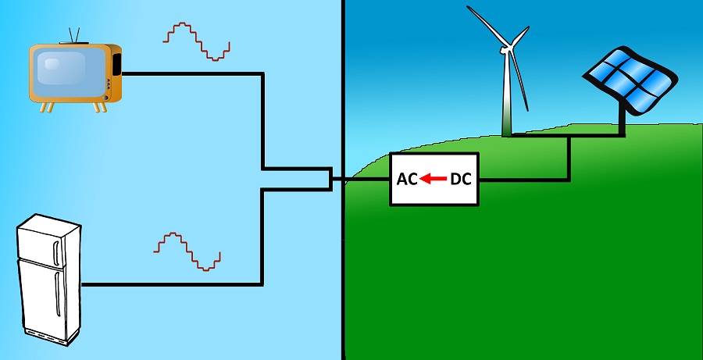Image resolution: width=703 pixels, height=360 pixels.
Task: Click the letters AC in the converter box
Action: (x=407, y=180)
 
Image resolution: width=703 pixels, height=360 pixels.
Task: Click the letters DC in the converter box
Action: (x=460, y=180)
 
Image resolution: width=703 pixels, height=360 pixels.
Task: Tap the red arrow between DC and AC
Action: (x=433, y=180)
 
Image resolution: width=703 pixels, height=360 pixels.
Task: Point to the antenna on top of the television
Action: (x=74, y=36)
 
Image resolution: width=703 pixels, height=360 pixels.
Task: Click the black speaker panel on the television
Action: (x=116, y=65)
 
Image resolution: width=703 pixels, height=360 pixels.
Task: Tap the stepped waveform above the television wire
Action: (x=196, y=41)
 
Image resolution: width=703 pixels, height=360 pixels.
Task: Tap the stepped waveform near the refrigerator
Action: (x=187, y=251)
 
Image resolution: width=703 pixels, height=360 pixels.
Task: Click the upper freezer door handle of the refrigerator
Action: (x=56, y=253)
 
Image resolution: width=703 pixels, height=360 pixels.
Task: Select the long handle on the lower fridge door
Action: (x=57, y=294)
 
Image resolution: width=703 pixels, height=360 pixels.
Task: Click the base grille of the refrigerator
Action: (x=46, y=337)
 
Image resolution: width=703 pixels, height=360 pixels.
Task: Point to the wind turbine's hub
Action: (x=507, y=49)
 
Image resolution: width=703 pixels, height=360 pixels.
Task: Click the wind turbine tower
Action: (x=507, y=94)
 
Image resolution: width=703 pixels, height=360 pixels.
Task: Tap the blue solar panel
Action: (x=630, y=80)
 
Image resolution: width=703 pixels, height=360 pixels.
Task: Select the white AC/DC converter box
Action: (x=434, y=180)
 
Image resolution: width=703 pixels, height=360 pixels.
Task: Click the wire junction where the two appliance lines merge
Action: (x=331, y=180)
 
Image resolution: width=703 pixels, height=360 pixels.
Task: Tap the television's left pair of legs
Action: (x=47, y=107)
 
